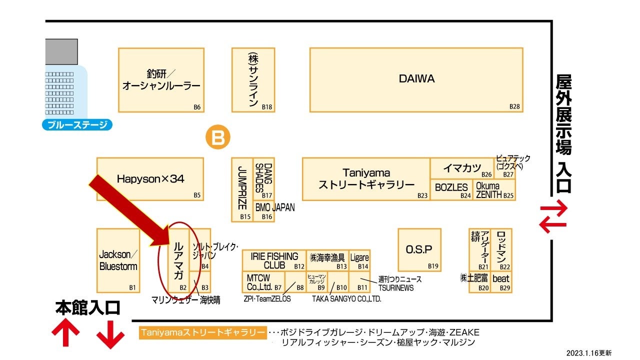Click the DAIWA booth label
click(x=416, y=78)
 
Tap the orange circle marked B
click(x=218, y=137)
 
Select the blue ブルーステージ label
click(x=77, y=124)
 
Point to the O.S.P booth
click(x=419, y=249)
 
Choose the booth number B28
click(x=514, y=106)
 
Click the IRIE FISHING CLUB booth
click(x=274, y=260)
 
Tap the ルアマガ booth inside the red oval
click(x=178, y=260)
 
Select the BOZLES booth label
click(x=451, y=188)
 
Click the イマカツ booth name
click(x=461, y=168)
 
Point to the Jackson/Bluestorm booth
click(x=118, y=260)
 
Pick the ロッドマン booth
click(x=501, y=246)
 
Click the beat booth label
click(x=500, y=279)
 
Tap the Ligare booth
click(x=359, y=257)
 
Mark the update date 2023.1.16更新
click(x=588, y=352)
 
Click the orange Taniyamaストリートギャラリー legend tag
click(x=202, y=332)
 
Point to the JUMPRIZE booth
click(x=242, y=187)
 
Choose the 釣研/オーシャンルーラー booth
click(x=161, y=80)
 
